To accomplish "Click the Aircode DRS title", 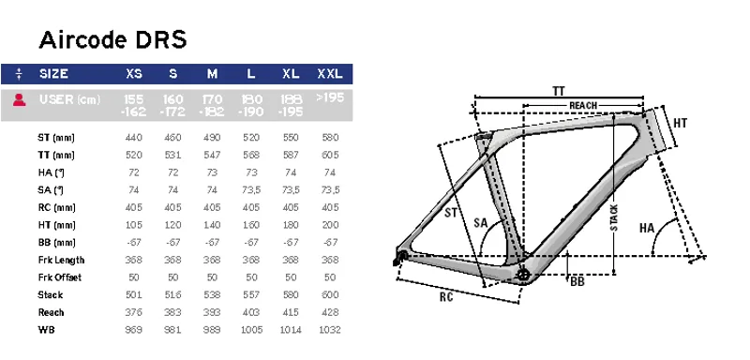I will point(112,40).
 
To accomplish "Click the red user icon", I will point(19,99).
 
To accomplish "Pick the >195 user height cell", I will point(330,97).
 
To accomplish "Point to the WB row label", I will point(45,330).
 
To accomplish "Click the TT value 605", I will point(330,153).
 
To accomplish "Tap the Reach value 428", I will point(330,312).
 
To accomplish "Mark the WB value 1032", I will point(330,329).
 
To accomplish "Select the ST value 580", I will point(330,137).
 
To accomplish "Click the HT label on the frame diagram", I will point(681,123).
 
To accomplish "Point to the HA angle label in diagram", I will point(646,228).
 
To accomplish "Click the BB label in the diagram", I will point(577,279).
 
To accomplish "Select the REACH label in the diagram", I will point(583,105).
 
